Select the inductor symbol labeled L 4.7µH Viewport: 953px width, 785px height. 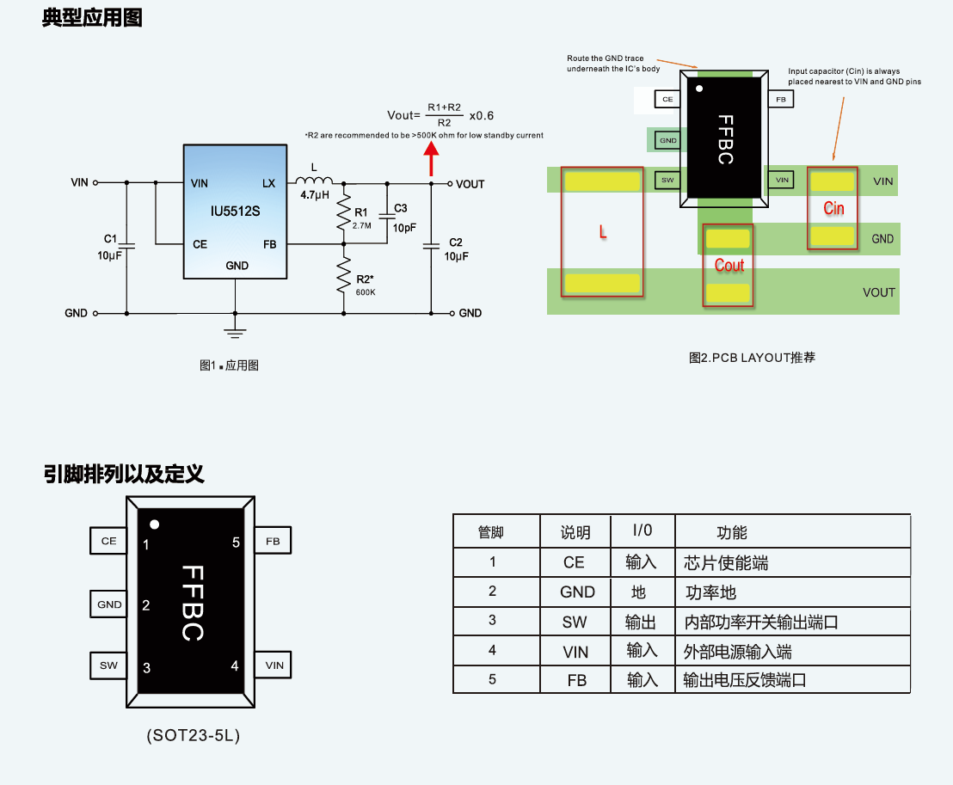click(314, 181)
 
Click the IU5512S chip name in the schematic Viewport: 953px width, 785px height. click(235, 211)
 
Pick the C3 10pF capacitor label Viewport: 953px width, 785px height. click(403, 218)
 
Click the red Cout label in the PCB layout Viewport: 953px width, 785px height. click(729, 266)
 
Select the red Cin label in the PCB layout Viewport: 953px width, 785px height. click(833, 208)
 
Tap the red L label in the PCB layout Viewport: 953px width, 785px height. click(602, 232)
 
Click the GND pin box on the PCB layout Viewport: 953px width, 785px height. click(667, 139)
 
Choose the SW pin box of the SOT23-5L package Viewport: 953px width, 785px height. click(108, 665)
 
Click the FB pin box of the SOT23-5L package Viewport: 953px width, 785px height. click(273, 542)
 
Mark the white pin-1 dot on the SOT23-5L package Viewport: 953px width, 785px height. click(155, 524)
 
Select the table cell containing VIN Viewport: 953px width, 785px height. click(575, 652)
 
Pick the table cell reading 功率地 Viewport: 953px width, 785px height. click(710, 592)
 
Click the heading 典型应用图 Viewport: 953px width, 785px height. click(92, 18)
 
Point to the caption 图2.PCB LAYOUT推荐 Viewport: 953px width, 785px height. click(751, 357)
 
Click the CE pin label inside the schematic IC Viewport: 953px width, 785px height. click(200, 244)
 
